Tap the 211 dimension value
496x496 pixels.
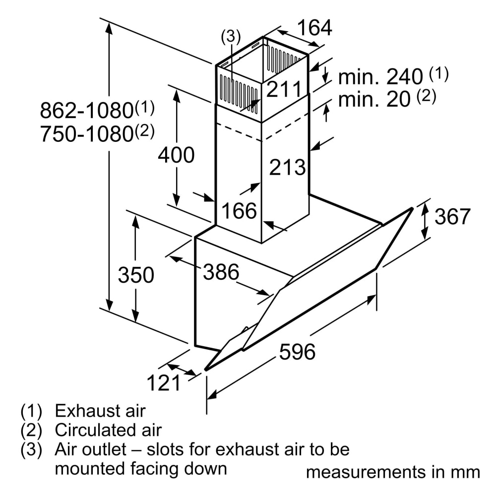click(x=284, y=90)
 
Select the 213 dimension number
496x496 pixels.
click(x=287, y=167)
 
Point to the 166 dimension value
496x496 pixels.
click(x=239, y=211)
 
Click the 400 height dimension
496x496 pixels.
click(x=176, y=155)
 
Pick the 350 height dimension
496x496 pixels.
click(x=136, y=274)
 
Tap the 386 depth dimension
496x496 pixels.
click(x=221, y=272)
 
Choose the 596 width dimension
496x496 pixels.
click(x=297, y=352)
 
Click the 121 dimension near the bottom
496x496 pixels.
click(x=164, y=382)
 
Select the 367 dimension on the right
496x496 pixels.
click(x=452, y=216)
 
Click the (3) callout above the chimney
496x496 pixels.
click(x=230, y=36)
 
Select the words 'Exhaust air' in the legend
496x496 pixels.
click(x=100, y=411)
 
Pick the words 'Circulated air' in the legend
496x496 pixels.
click(x=108, y=430)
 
